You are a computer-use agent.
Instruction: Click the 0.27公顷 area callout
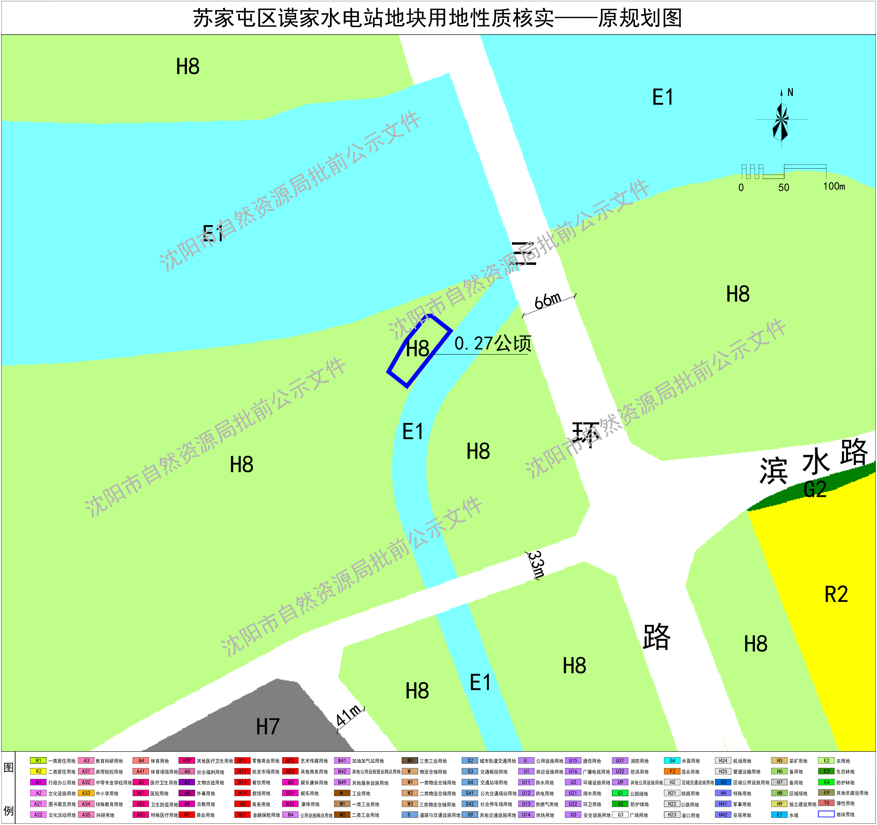(x=493, y=344)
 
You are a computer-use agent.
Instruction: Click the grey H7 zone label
(x=268, y=726)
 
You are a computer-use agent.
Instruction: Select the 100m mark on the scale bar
(x=834, y=186)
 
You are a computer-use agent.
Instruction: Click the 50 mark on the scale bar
(x=784, y=187)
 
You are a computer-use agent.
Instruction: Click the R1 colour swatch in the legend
(x=38, y=761)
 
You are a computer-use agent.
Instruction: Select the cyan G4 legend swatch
(x=672, y=761)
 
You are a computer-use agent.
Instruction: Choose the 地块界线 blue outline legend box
(x=826, y=814)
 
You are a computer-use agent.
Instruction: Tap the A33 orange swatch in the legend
(x=86, y=793)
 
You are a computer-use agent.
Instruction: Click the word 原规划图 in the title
(x=640, y=18)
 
